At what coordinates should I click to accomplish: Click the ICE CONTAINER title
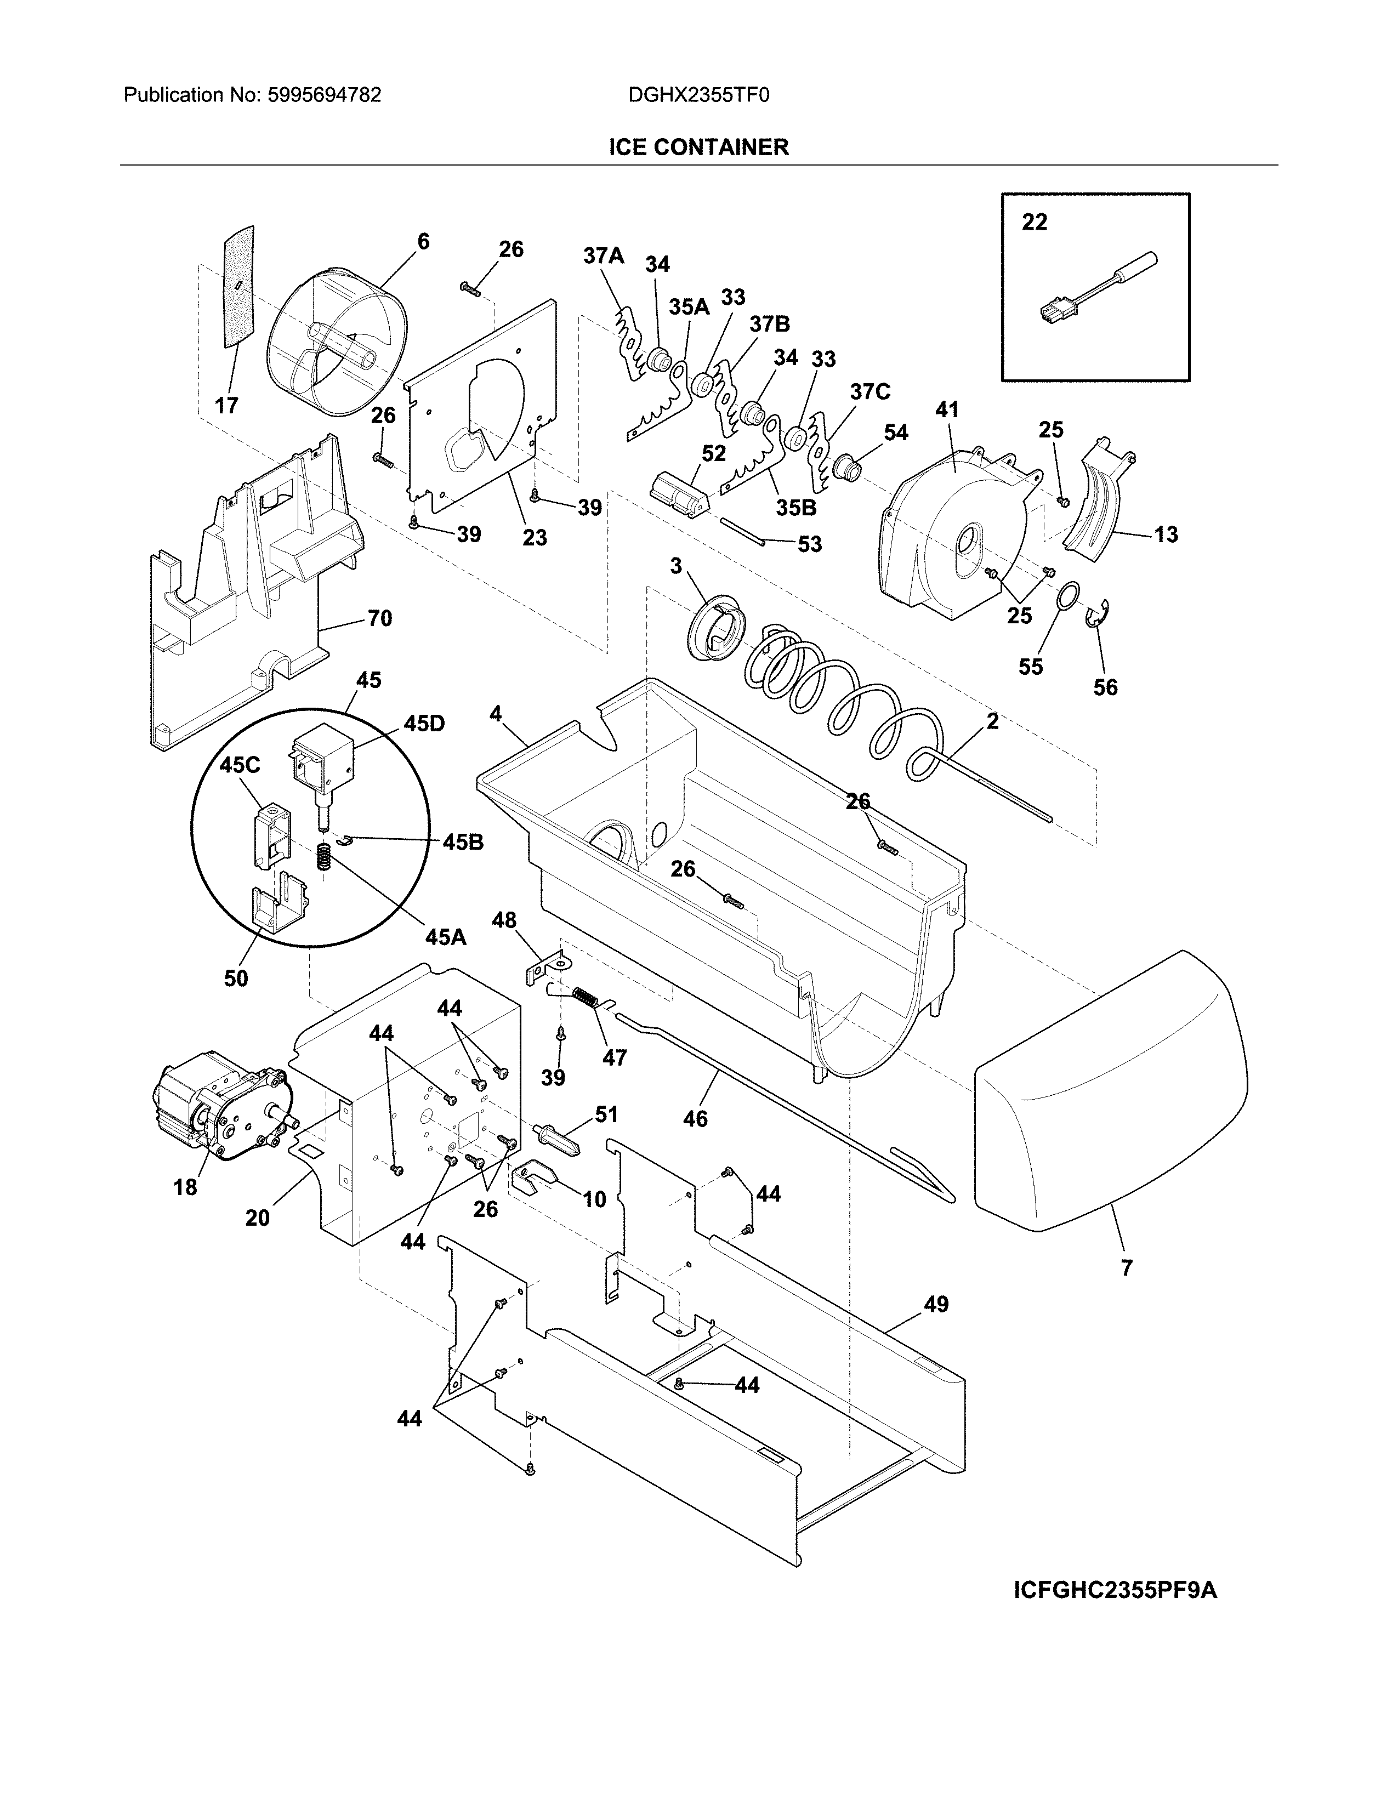point(698,147)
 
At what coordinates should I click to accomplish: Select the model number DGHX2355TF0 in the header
point(698,95)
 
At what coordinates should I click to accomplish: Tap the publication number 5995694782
point(324,95)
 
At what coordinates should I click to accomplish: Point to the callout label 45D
point(424,724)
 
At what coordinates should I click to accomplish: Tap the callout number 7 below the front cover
point(1127,1267)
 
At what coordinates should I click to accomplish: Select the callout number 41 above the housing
point(947,410)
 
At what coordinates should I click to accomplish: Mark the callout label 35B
point(796,508)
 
